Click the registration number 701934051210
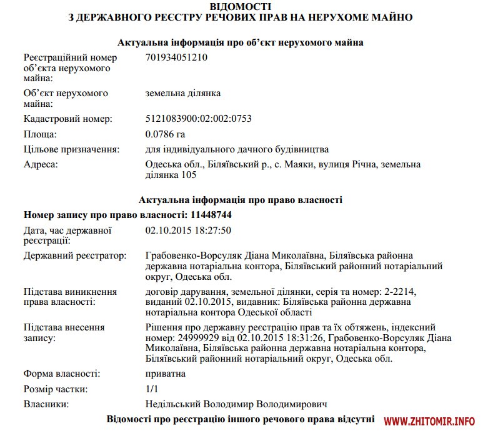pyautogui.click(x=176, y=58)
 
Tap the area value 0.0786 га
pyautogui.click(x=165, y=134)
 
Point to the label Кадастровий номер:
pyautogui.click(x=67, y=118)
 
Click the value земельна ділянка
pyautogui.click(x=183, y=93)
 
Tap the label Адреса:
pyautogui.click(x=41, y=164)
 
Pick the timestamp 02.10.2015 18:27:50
pyautogui.click(x=188, y=230)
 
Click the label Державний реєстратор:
pyautogui.click(x=74, y=256)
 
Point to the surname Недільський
pyautogui.click(x=174, y=404)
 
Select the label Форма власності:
pyautogui.click(x=61, y=374)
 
